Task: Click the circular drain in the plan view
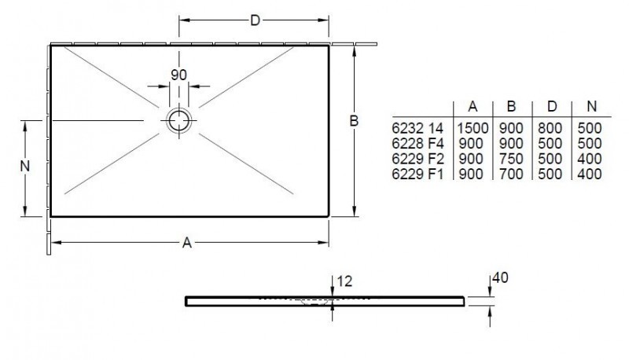point(178,121)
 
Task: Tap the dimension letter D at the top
point(255,21)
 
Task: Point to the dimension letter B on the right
point(354,121)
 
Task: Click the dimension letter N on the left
point(24,166)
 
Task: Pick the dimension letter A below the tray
point(187,243)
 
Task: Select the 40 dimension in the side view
point(501,277)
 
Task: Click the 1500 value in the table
point(472,127)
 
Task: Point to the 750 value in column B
point(512,159)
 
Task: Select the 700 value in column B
point(512,174)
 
